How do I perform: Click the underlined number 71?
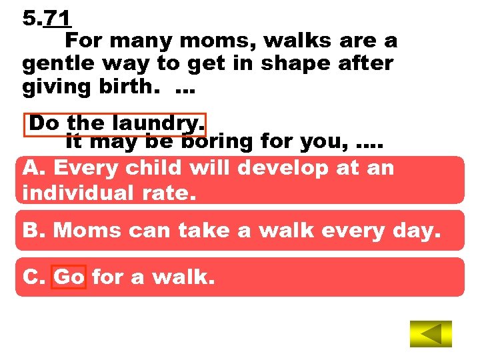pyautogui.click(x=57, y=18)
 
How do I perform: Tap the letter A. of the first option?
pyautogui.click(x=34, y=168)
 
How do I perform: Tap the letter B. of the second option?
pyautogui.click(x=34, y=231)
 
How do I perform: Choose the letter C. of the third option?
pyautogui.click(x=34, y=277)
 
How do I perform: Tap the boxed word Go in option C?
pyautogui.click(x=69, y=277)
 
